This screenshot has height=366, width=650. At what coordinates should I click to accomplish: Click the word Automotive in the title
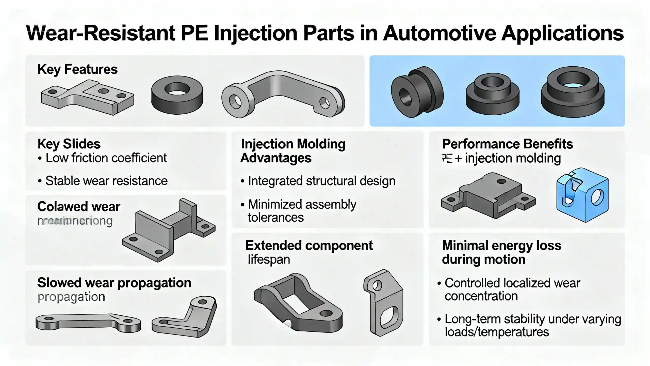click(x=439, y=33)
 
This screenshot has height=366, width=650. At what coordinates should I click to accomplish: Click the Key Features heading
click(x=77, y=69)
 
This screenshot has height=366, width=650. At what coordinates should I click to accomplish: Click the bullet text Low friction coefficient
click(x=106, y=158)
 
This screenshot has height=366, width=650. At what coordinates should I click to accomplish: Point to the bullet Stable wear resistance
click(x=106, y=181)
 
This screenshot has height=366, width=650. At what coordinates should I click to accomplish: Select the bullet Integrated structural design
click(x=321, y=181)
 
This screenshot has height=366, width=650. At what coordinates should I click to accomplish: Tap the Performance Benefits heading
click(x=507, y=144)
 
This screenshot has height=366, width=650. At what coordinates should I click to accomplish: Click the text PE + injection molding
click(x=501, y=158)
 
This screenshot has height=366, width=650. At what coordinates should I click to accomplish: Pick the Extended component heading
click(x=309, y=246)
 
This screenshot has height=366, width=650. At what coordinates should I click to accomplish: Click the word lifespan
click(x=269, y=260)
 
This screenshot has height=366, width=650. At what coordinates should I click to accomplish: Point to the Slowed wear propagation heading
click(x=114, y=283)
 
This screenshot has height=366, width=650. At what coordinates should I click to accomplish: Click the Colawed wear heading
click(x=79, y=206)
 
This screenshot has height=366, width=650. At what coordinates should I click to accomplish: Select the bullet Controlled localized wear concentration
click(x=512, y=289)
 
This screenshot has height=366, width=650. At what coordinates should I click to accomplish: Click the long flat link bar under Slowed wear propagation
click(x=88, y=322)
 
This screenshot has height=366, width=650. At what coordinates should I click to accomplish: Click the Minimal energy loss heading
click(x=501, y=252)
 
